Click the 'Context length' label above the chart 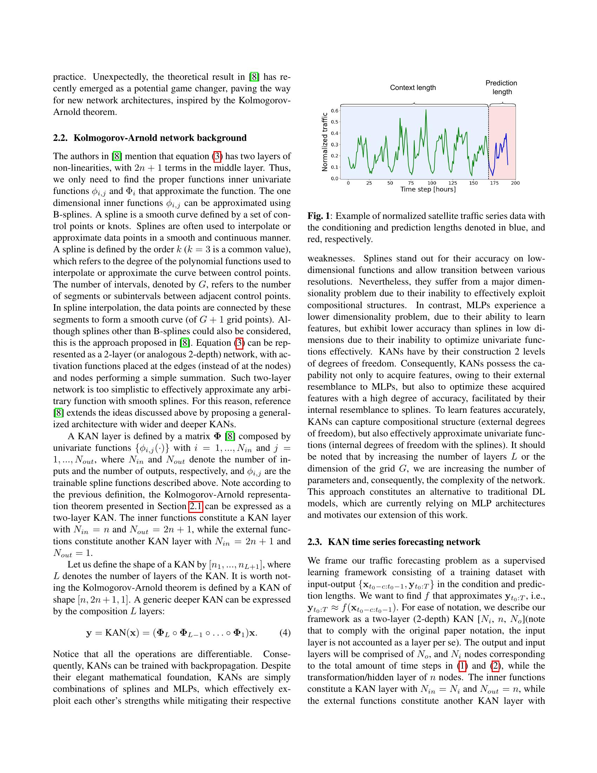(x=413, y=87)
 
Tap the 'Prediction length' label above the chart (x=501, y=87)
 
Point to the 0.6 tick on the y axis (x=335, y=111)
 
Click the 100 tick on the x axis (x=432, y=183)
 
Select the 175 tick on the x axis (x=494, y=183)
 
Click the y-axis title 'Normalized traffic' (x=325, y=142)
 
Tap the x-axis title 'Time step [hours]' (x=428, y=189)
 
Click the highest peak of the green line (x=426, y=110)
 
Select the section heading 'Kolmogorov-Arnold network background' (x=160, y=138)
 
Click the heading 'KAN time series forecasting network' (x=404, y=542)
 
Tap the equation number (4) (x=285, y=633)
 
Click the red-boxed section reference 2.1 (x=196, y=506)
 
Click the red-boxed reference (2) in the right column (x=495, y=666)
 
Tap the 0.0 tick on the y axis (x=335, y=178)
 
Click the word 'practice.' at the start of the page (x=69, y=77)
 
